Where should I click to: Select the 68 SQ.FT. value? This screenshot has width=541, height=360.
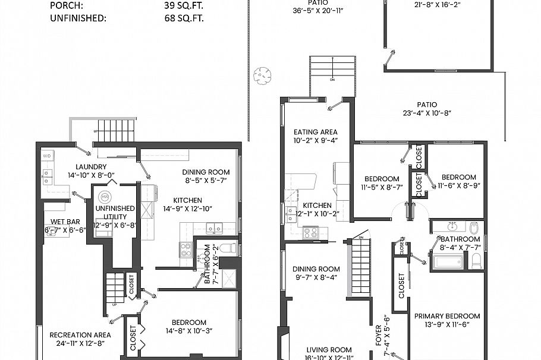pyautogui.click(x=184, y=18)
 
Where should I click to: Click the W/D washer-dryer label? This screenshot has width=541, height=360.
pyautogui.click(x=46, y=156)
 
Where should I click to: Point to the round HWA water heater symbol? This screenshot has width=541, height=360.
pyautogui.click(x=105, y=197)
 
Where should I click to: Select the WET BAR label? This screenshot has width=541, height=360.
pyautogui.click(x=65, y=222)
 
